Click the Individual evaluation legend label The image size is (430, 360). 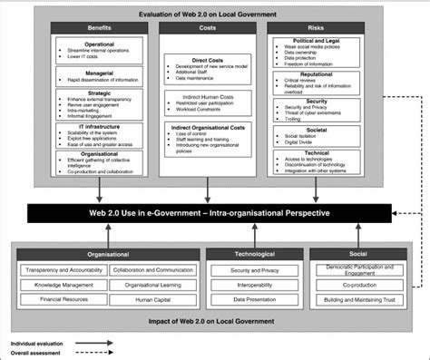pyautogui.click(x=42, y=344)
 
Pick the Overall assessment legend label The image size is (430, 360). pyautogui.click(x=40, y=353)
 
